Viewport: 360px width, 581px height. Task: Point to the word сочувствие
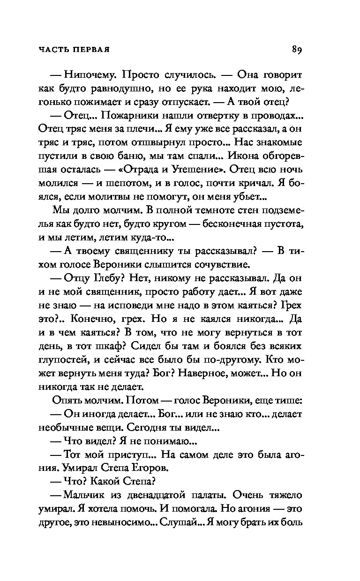220,264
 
